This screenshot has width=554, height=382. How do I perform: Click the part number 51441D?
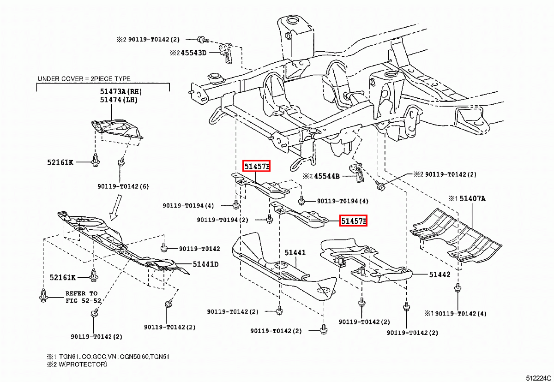click(206, 264)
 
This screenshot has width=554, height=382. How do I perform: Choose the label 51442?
click(439, 275)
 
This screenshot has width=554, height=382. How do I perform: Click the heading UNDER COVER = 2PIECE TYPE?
click(84, 79)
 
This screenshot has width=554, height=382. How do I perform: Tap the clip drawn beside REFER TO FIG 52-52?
click(43, 295)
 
